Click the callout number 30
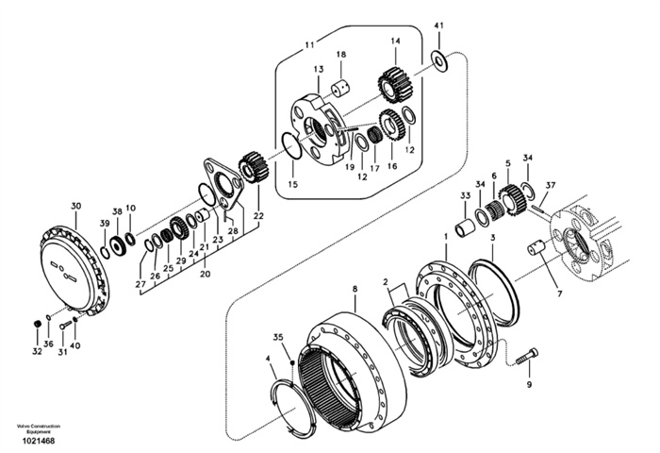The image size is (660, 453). click(x=76, y=205)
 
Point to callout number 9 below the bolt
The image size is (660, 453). click(x=529, y=384)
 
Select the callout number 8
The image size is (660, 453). click(x=355, y=288)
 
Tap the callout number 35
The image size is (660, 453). click(x=278, y=337)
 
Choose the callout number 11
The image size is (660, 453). click(x=310, y=44)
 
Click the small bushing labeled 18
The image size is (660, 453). click(x=339, y=89)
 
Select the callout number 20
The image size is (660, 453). click(x=204, y=274)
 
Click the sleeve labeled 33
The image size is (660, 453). click(x=463, y=228)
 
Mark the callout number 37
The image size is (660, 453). click(x=551, y=185)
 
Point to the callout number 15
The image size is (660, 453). click(x=292, y=185)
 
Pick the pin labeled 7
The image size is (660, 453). click(x=536, y=248)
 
